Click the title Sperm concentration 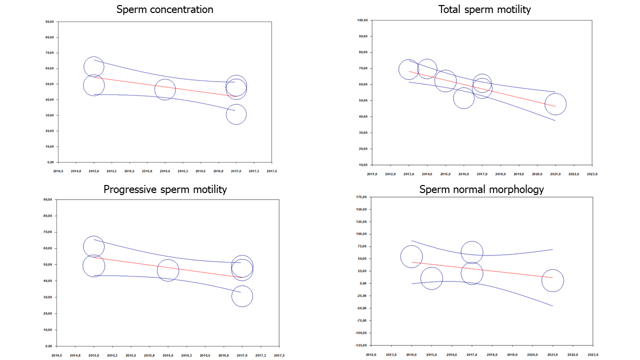coord(164,9)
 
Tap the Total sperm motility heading coord(484,9)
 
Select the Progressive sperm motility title coord(165,189)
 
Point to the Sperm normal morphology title coord(481,189)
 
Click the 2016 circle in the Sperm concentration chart coord(165,90)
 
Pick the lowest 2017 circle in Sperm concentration coord(236,114)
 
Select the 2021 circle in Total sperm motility coord(555,104)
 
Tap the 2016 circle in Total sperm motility coord(463,98)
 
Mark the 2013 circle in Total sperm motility coord(408,69)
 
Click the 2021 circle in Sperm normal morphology coord(552,281)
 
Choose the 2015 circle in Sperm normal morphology coord(431,279)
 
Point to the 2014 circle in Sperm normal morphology coord(411,257)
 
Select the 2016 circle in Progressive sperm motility coord(168,270)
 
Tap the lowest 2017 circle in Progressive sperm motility coord(242,296)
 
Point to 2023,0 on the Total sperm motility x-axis coord(592,174)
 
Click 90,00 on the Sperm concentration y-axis coord(49,21)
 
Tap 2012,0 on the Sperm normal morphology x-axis coord(371,355)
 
